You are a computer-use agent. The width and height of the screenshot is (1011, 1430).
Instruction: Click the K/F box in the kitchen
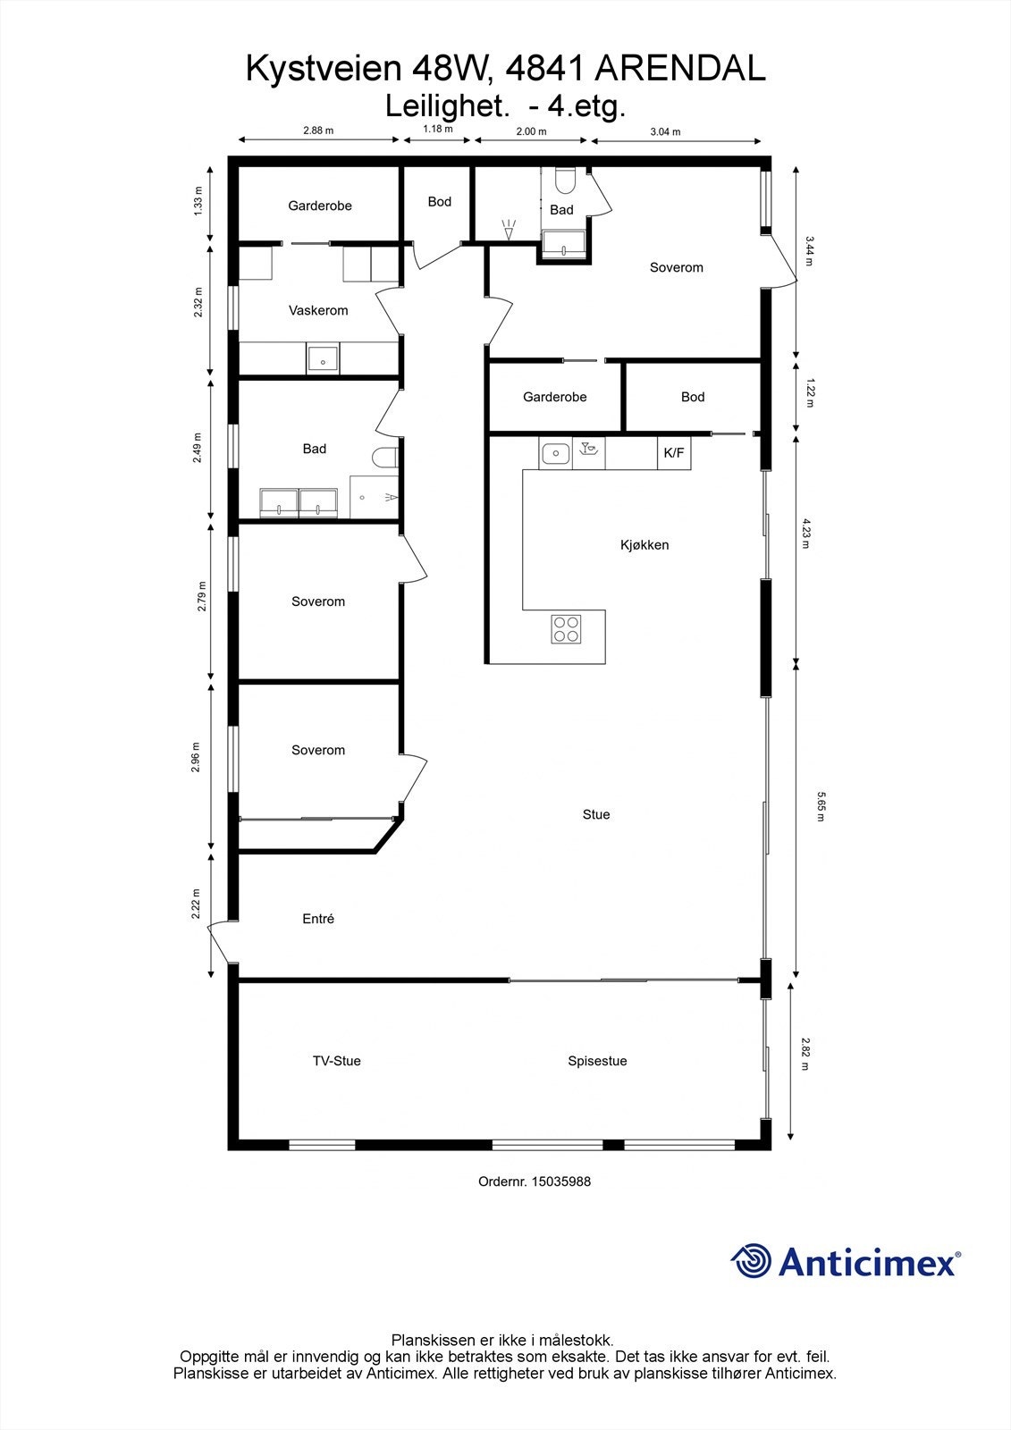coord(673,453)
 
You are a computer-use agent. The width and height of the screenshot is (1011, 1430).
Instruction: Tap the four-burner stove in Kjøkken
coord(566,629)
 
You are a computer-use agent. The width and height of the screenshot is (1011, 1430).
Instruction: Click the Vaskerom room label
coord(318,311)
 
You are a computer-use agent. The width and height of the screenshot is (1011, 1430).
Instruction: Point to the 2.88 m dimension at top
coord(317,130)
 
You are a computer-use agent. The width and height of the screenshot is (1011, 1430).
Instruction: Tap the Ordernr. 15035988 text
coord(535,1181)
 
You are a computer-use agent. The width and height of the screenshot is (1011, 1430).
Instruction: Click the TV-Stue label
coord(336,1061)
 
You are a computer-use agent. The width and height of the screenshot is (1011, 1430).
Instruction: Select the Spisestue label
coord(597,1061)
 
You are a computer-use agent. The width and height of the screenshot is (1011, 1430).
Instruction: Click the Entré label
coord(318,919)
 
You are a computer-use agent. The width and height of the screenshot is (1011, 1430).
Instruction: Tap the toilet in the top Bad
coord(564,181)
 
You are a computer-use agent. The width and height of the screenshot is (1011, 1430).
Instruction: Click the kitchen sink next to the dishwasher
coord(555,454)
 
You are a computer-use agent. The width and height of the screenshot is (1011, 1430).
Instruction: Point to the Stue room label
coord(596,814)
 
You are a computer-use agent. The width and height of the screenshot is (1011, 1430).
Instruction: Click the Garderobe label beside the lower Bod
coord(554,397)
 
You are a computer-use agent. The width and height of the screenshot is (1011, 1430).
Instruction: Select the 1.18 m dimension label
coord(437,129)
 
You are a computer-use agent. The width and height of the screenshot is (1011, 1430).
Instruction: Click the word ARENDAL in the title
coord(679,69)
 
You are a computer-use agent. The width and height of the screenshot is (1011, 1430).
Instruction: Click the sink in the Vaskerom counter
coord(322,358)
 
